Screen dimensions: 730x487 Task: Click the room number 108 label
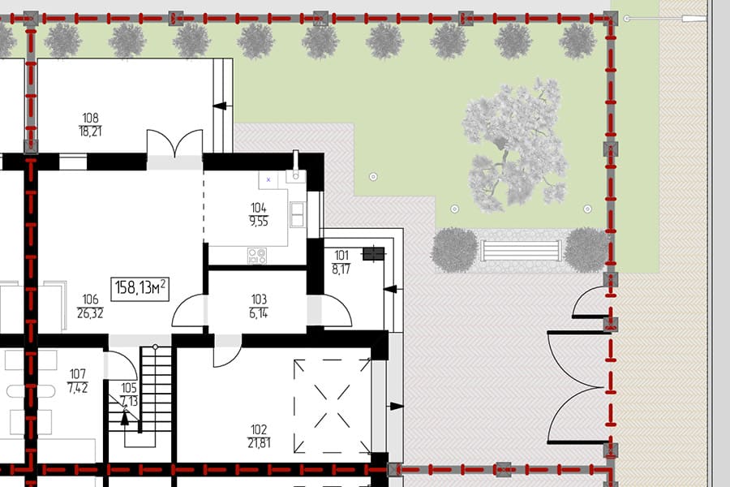(x=90, y=118)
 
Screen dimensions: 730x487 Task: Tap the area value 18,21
(x=90, y=131)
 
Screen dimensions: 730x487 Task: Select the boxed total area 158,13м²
(x=140, y=288)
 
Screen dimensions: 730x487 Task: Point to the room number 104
(x=259, y=208)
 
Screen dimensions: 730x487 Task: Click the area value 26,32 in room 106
(x=90, y=313)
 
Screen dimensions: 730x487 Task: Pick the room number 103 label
(x=259, y=299)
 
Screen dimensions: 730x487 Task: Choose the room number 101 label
(x=341, y=255)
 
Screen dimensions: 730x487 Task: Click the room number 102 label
(x=259, y=429)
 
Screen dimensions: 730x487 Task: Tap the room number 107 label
(x=78, y=373)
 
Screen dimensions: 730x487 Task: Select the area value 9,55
(x=259, y=221)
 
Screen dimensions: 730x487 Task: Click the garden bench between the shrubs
(x=522, y=250)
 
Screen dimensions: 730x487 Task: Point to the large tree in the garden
(x=514, y=144)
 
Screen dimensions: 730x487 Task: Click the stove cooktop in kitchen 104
(x=257, y=255)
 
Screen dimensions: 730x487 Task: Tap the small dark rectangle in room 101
(x=373, y=253)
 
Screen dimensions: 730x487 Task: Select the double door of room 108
(x=174, y=144)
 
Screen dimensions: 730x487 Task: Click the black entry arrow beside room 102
(x=396, y=407)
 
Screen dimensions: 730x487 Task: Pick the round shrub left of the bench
(x=454, y=250)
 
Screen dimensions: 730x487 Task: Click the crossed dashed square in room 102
(x=332, y=406)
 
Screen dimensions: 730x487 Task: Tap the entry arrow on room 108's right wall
(x=220, y=106)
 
